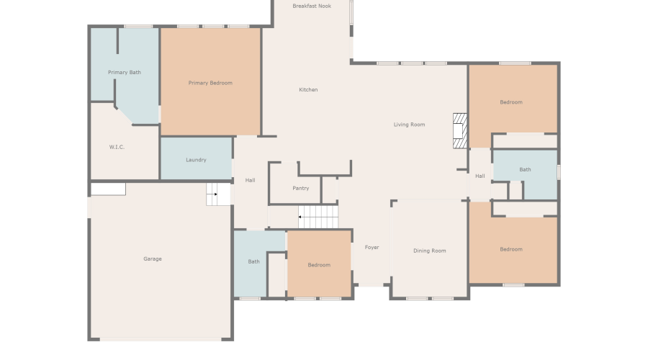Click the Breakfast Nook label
click(x=312, y=6)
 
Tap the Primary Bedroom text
click(x=210, y=83)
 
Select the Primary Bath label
click(x=125, y=72)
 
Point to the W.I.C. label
click(x=117, y=147)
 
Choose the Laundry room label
click(x=196, y=160)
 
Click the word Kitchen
click(x=308, y=89)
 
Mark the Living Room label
click(x=409, y=125)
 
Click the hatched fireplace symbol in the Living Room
click(x=460, y=130)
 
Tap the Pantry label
click(x=301, y=189)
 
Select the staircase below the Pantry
click(x=318, y=216)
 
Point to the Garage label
click(x=152, y=258)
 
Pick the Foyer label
click(x=372, y=247)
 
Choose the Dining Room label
click(x=429, y=251)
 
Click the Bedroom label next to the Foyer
click(x=319, y=265)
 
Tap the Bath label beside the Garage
click(x=253, y=261)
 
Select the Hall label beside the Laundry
click(x=250, y=180)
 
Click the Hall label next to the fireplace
click(x=480, y=176)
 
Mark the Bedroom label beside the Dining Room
click(x=511, y=249)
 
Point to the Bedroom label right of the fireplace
click(x=511, y=102)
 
